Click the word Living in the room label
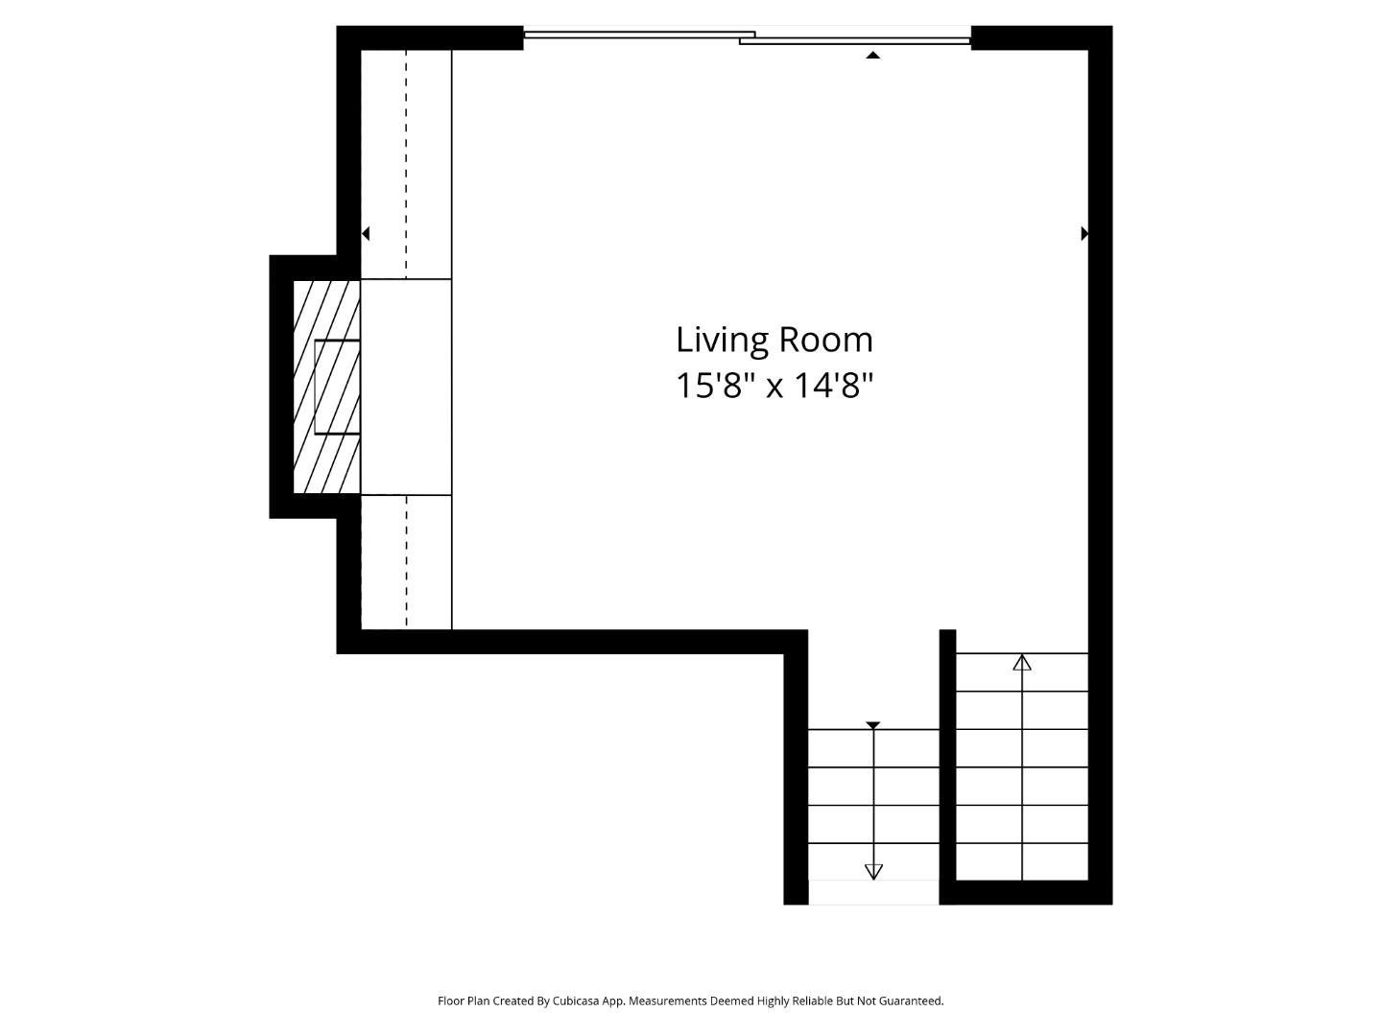click(x=721, y=341)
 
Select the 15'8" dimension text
click(x=711, y=386)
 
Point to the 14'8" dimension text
click(x=833, y=386)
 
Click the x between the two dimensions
click(x=774, y=388)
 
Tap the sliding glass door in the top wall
click(x=747, y=37)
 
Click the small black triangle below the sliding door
click(x=872, y=56)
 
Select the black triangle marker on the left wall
click(x=366, y=233)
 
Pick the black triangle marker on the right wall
click(x=1084, y=233)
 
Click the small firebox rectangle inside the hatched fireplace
click(x=337, y=387)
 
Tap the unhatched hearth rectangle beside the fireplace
click(x=406, y=387)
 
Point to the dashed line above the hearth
click(x=406, y=163)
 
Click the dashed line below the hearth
click(x=406, y=561)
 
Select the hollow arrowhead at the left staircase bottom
click(x=873, y=871)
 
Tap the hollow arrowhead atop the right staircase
click(x=1022, y=662)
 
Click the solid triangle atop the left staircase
click(x=872, y=725)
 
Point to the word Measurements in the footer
click(x=667, y=1001)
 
